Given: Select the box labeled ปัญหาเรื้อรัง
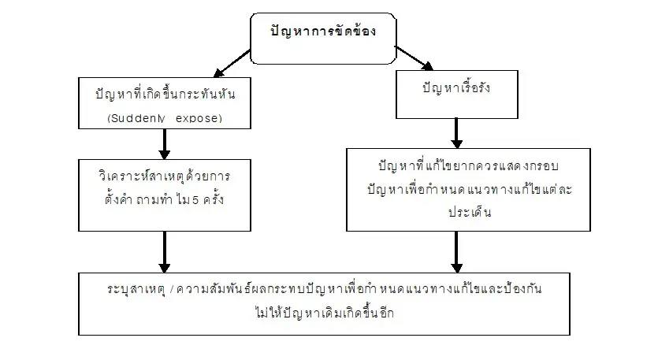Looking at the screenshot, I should (455, 88).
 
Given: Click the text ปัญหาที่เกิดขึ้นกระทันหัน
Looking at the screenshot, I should (165, 95).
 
